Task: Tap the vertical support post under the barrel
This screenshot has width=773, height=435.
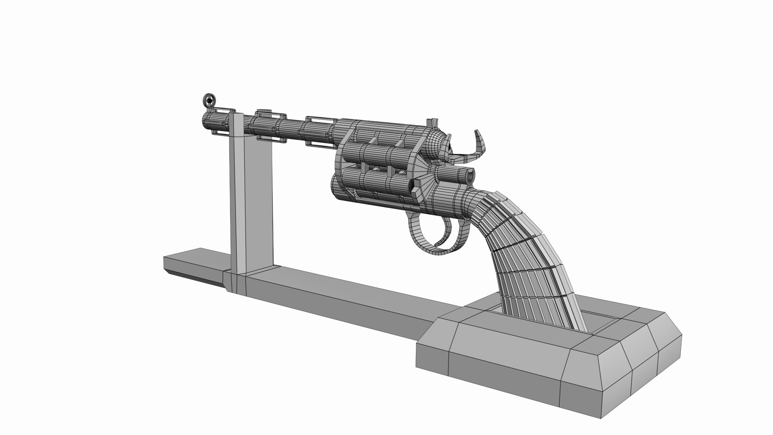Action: coord(252,201)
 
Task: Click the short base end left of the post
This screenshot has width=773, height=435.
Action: coord(193,264)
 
